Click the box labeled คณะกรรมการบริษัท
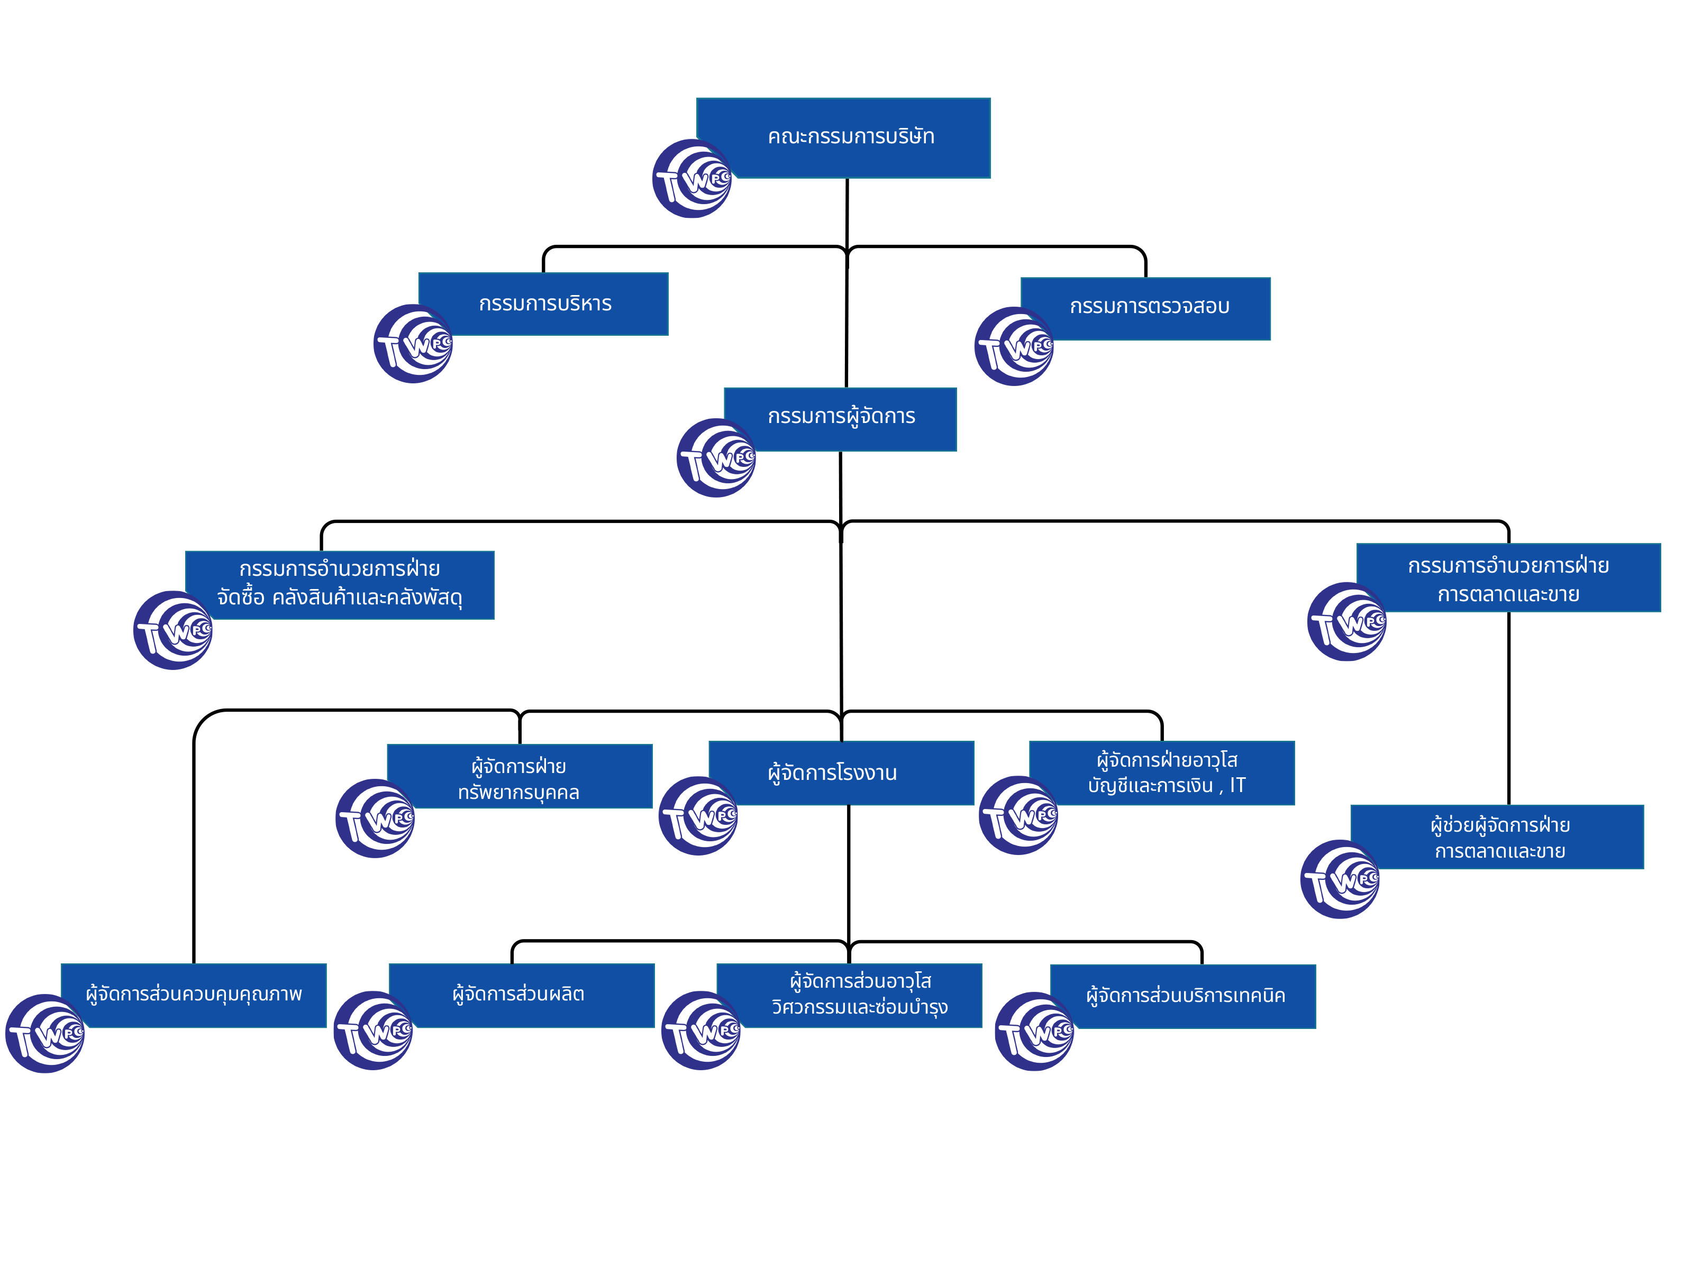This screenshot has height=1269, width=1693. coord(850,137)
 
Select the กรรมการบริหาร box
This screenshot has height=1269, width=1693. coord(545,304)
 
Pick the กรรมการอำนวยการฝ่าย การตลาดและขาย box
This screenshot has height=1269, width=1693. coord(1508,578)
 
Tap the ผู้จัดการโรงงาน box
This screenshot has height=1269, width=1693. coord(842,773)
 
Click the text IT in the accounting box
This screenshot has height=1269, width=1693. coord(1237,786)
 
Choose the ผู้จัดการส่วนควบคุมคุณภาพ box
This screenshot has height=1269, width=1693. coord(194,995)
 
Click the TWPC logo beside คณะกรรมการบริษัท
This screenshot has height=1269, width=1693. coord(692,179)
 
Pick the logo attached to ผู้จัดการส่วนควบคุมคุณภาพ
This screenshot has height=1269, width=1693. coord(44,1033)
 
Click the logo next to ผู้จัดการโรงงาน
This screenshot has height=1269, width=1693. coord(698,815)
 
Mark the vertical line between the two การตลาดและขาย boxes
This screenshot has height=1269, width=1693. coord(1508,707)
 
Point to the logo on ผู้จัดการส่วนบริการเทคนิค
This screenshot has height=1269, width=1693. coord(1034,1031)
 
